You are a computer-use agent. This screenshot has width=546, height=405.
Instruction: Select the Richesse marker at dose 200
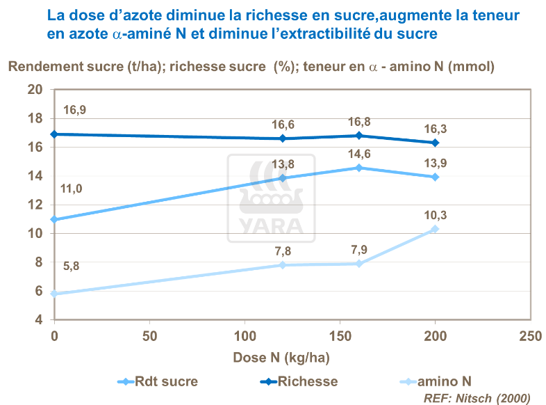click(436, 143)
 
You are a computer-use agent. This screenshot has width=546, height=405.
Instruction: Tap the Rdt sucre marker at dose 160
click(359, 168)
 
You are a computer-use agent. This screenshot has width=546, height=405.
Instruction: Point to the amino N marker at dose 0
click(54, 294)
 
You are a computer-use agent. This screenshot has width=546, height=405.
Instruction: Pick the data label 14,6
click(359, 154)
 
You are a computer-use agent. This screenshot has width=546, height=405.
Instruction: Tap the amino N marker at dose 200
click(436, 229)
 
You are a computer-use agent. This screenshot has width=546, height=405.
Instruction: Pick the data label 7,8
click(282, 251)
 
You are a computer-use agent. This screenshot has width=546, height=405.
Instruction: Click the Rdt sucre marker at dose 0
click(54, 220)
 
